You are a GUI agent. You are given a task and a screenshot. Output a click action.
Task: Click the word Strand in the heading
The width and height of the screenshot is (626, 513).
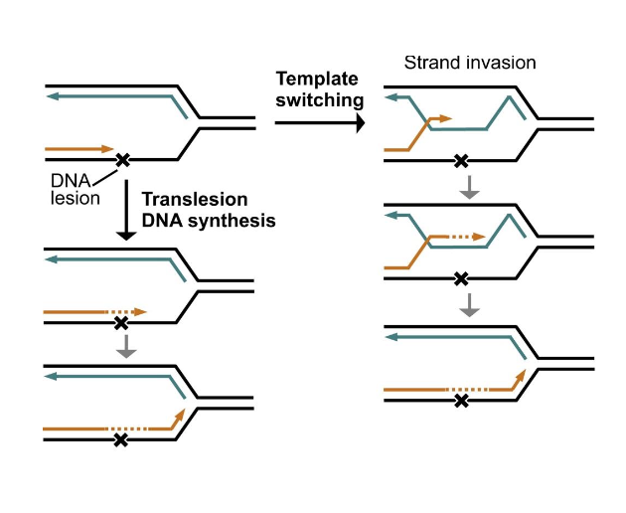[432, 63]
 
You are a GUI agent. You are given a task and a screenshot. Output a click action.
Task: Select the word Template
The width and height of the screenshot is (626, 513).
[317, 80]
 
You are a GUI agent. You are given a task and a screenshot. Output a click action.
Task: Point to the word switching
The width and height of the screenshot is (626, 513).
[320, 100]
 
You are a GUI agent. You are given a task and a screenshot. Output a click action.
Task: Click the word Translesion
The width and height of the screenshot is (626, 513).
[195, 199]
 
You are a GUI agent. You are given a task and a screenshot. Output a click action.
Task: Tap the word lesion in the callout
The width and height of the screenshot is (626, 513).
[76, 198]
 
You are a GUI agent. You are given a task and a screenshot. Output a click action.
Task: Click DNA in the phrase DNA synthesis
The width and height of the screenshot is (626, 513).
[162, 221]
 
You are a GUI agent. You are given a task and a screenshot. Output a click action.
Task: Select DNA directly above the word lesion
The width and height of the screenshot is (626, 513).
[71, 181]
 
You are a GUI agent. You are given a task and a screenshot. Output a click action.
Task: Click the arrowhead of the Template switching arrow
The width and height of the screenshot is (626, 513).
[361, 122]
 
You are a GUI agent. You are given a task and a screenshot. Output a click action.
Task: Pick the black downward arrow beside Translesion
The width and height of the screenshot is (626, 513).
[126, 210]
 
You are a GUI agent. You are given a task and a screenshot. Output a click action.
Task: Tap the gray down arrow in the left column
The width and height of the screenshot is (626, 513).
[126, 346]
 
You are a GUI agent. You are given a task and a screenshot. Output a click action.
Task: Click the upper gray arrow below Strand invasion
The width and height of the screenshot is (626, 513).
[469, 187]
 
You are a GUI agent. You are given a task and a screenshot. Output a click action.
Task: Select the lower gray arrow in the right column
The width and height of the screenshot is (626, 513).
[469, 305]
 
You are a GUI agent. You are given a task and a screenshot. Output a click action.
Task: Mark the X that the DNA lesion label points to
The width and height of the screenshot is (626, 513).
[122, 160]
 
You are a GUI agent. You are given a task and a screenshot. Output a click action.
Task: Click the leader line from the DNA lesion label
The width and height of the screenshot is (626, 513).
[105, 178]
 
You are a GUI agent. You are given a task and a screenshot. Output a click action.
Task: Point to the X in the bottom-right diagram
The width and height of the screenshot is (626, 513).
[461, 400]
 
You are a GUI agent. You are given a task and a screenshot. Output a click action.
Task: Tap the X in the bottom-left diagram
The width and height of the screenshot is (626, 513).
[120, 440]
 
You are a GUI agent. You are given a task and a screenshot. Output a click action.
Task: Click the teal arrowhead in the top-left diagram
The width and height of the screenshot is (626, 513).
[53, 96]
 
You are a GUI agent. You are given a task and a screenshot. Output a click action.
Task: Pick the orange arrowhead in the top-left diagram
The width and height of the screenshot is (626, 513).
[107, 149]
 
